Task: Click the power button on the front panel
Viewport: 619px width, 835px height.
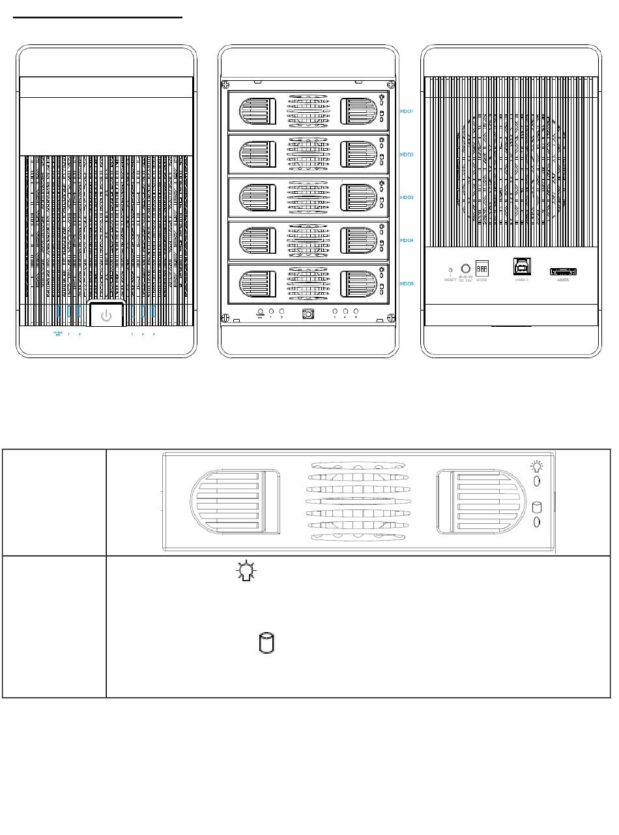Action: [106, 316]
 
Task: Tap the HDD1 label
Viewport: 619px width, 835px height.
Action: [407, 112]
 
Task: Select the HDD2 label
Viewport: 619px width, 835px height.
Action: [407, 155]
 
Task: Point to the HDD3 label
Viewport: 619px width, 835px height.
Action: [407, 196]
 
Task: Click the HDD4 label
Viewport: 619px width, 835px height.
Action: [407, 240]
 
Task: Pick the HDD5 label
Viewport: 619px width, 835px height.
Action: [407, 284]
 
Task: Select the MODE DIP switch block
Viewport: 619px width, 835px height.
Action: [482, 269]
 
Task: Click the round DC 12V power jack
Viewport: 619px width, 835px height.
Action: [466, 268]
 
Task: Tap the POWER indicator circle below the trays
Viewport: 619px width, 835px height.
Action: [261, 312]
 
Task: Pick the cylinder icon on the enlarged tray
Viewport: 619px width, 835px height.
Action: [537, 508]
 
